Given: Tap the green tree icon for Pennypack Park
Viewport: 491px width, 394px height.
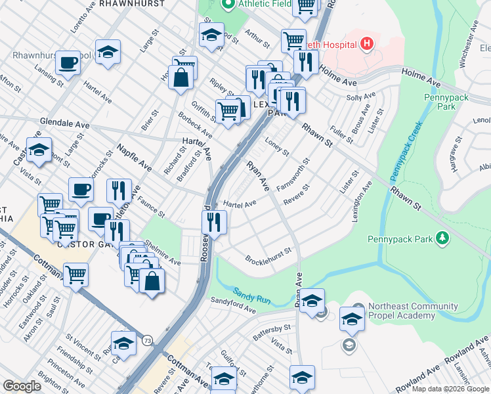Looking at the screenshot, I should [x=443, y=238].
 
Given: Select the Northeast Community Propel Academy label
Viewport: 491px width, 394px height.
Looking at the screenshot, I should [x=413, y=311].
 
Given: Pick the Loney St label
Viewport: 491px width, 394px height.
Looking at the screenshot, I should [x=276, y=146].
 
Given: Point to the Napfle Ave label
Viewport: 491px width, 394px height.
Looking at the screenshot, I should [x=134, y=158].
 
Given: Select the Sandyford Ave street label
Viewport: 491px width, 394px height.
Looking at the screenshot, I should [x=232, y=305].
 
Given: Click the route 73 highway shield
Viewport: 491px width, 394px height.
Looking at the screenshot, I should [x=147, y=340].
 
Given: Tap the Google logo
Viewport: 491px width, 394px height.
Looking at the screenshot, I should [x=22, y=386].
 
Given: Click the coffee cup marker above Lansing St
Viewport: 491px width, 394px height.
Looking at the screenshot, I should [x=68, y=63].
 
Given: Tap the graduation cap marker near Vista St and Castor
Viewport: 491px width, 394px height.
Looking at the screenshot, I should [x=39, y=150].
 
